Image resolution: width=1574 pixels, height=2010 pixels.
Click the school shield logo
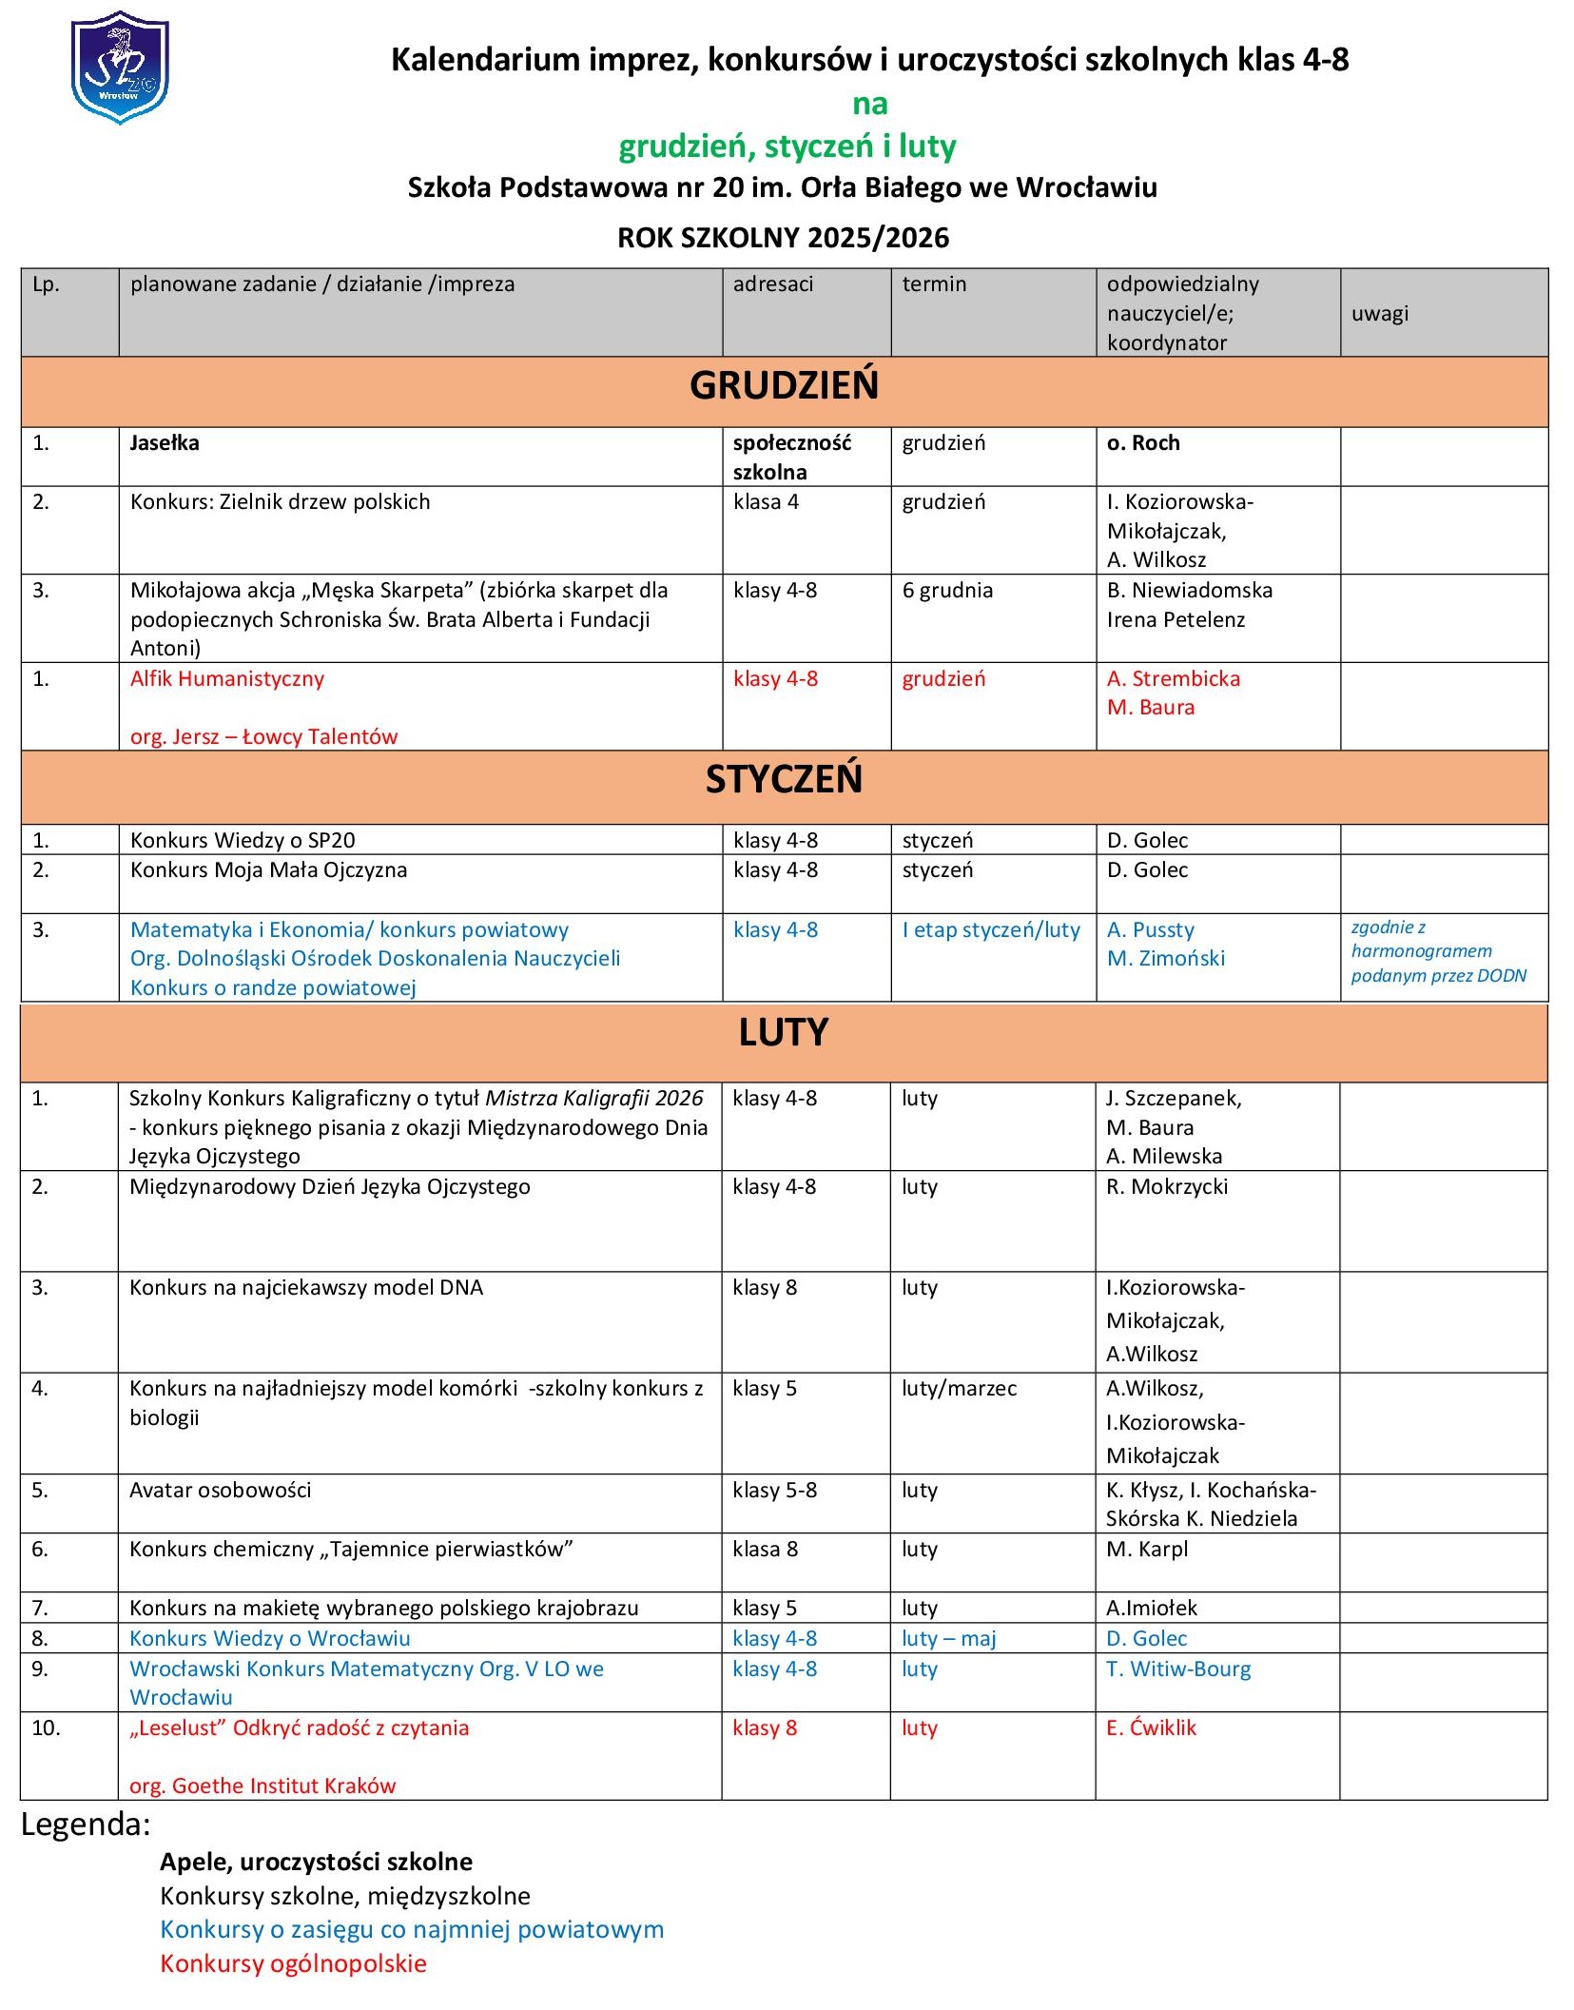[120, 68]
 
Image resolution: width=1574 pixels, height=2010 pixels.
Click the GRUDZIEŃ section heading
[784, 386]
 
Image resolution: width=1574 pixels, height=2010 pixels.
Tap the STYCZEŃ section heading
[784, 780]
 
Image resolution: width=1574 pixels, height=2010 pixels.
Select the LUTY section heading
[784, 1033]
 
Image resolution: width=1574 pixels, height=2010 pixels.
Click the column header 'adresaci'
[772, 284]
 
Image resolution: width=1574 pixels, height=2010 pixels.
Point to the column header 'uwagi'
[1379, 314]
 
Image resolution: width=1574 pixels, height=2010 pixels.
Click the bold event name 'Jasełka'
[165, 443]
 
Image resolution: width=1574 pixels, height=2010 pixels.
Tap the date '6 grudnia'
[947, 591]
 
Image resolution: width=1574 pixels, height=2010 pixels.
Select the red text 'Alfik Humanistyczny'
[227, 679]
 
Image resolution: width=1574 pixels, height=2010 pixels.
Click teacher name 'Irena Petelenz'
[1176, 620]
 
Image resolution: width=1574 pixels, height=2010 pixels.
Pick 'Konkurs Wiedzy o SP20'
[243, 841]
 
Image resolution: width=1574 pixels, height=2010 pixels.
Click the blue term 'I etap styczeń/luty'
[991, 930]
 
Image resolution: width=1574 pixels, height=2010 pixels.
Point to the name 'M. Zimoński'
[1165, 959]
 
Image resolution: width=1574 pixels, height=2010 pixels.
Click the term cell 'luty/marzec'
[959, 1389]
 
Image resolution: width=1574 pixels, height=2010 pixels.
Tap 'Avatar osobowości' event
[221, 1491]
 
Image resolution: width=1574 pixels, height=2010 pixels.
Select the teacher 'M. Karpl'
[1147, 1550]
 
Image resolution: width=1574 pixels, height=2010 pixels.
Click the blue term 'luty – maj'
[948, 1639]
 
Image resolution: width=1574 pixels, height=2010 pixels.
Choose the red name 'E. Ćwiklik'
[1151, 1728]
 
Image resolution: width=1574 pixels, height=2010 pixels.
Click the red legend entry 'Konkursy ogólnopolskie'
[293, 1963]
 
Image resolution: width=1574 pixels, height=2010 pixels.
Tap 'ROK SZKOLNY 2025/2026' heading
[783, 238]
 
